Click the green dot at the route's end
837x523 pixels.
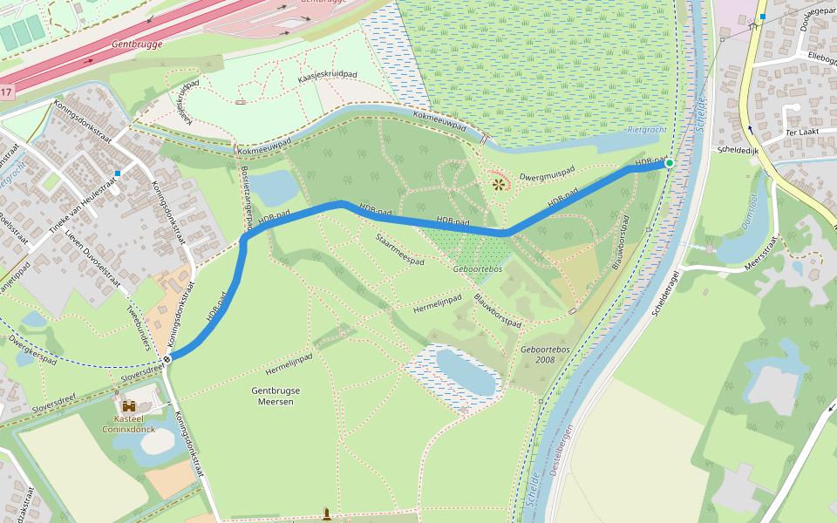[x=670, y=163]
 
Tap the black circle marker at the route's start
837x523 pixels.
[x=166, y=358]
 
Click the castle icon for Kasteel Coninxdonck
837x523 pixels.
[x=129, y=406]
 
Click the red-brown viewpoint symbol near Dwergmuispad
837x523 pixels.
[x=499, y=184]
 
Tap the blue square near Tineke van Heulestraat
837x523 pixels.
[x=117, y=173]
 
